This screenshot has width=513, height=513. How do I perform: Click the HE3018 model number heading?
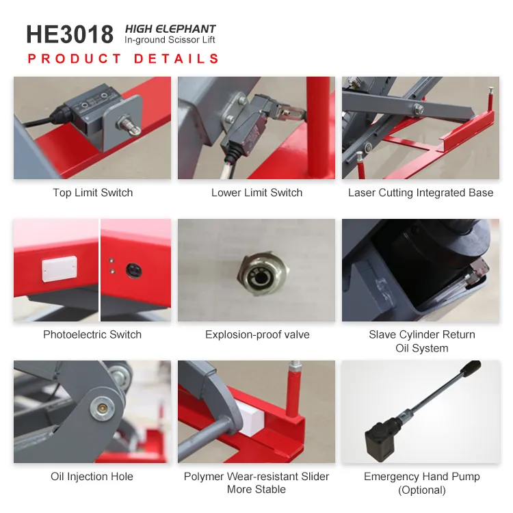point(70,34)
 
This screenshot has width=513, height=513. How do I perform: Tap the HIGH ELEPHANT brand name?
point(170,29)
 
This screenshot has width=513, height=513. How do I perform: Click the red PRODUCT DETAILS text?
point(123,59)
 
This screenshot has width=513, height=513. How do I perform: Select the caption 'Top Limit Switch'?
point(92,192)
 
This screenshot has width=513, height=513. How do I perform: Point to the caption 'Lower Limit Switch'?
point(256,192)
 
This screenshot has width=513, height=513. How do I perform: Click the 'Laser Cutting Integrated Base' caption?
point(421,192)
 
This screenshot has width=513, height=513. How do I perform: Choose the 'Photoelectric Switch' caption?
point(92,334)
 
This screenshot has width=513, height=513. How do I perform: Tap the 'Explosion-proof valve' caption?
point(257,334)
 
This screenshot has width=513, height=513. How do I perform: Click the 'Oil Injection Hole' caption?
point(92,476)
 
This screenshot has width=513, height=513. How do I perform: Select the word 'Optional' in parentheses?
point(422,490)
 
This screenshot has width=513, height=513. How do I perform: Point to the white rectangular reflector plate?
point(60,269)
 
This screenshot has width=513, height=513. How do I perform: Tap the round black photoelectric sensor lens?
point(134,270)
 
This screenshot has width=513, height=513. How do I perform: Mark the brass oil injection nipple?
point(103,408)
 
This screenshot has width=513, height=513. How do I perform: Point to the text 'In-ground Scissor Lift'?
point(170,40)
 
